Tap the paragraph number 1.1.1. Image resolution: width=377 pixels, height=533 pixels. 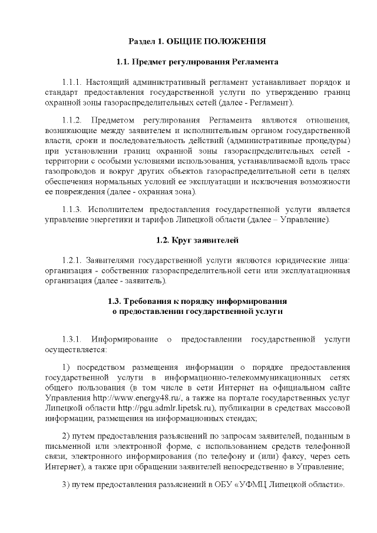tap(74, 81)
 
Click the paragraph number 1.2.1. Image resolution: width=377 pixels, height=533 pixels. tap(74, 260)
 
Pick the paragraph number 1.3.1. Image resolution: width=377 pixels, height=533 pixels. tap(74, 339)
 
